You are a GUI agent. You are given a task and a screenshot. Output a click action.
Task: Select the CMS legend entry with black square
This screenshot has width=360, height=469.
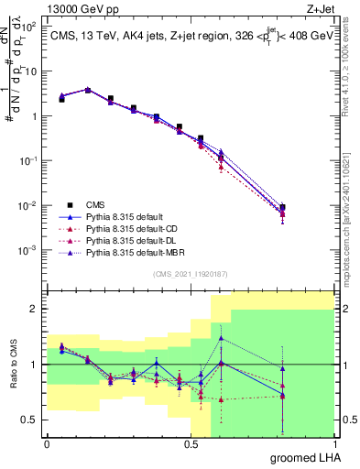pyautogui.click(x=96, y=204)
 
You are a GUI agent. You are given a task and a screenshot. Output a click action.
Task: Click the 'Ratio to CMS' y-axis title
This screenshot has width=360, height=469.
pyautogui.click(x=14, y=366)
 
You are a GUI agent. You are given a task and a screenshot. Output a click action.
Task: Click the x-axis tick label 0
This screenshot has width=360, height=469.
pyautogui.click(x=47, y=444)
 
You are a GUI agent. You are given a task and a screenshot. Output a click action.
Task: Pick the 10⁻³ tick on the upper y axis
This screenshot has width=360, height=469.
pyautogui.click(x=27, y=250)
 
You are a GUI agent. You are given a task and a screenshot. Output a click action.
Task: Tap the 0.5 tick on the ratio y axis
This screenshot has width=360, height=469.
pyautogui.click(x=29, y=420)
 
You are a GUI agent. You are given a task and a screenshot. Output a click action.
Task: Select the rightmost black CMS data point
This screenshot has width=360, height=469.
pyautogui.click(x=283, y=207)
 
